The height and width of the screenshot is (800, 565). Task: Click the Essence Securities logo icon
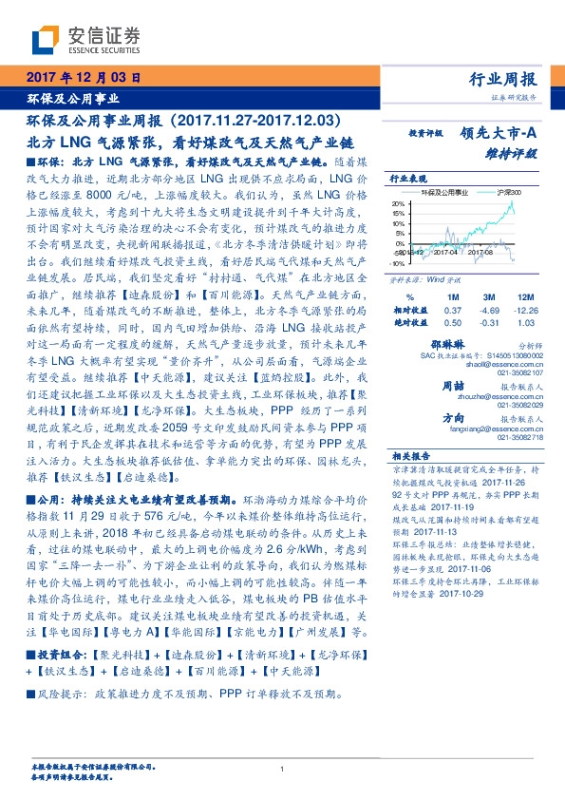[x=46, y=39]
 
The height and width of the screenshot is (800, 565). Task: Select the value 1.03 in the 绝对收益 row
[x=524, y=325]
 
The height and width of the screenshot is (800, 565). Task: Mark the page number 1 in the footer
[x=282, y=770]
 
